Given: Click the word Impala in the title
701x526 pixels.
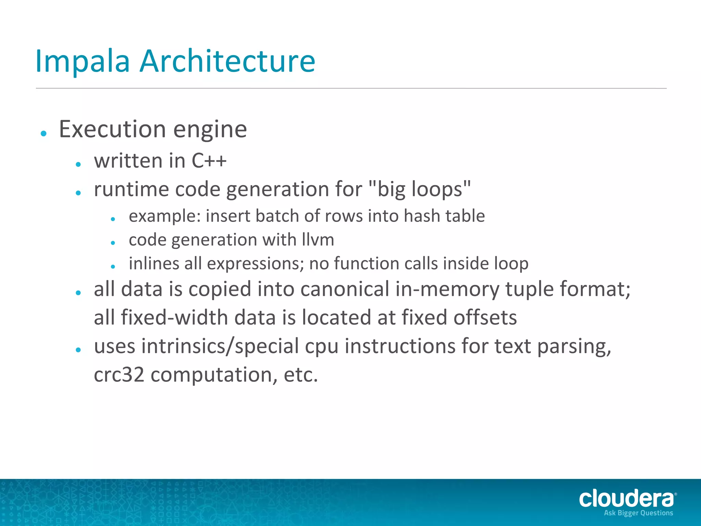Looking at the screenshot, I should [82, 62].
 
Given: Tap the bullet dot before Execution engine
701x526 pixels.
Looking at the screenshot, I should [43, 134].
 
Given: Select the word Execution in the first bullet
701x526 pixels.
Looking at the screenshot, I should [113, 129].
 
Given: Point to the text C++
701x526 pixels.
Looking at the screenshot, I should [209, 161].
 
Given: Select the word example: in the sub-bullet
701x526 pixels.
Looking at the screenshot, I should [165, 216].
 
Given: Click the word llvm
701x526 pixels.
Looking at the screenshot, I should [318, 240].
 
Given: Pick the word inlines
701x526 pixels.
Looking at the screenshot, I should [154, 264].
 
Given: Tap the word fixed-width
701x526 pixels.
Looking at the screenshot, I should [161, 317].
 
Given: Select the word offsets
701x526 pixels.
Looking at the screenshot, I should [485, 317].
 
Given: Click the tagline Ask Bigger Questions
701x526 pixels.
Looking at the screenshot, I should [638, 513].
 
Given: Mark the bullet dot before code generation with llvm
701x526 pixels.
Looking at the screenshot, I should [113, 243].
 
